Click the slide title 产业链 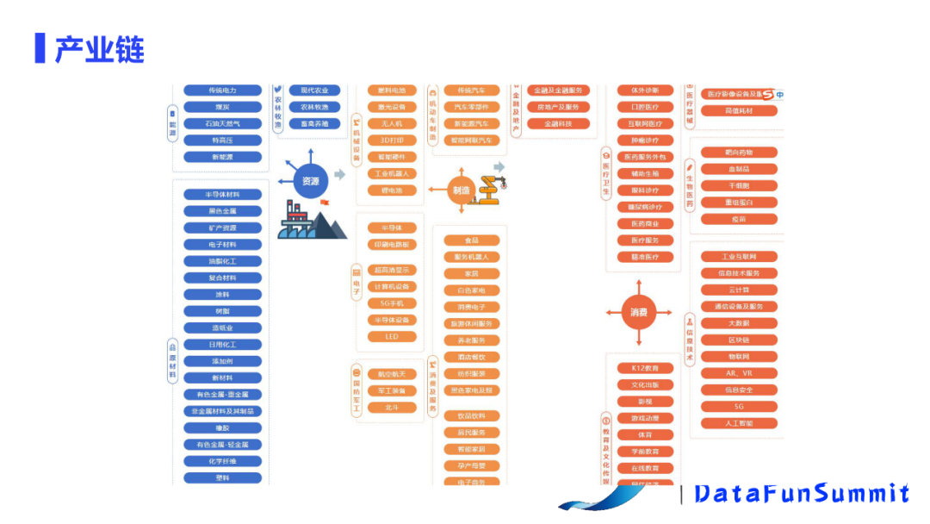(x=99, y=49)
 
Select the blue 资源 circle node (x=311, y=182)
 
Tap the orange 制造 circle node (x=461, y=190)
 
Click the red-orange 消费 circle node (x=638, y=312)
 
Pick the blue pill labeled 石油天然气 (x=222, y=123)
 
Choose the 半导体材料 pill (x=222, y=195)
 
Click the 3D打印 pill (x=392, y=140)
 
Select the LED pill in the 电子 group (x=392, y=336)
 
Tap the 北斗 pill (x=392, y=407)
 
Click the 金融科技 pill (x=557, y=124)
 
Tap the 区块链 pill (x=739, y=340)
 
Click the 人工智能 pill (x=739, y=423)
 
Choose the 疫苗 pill (x=739, y=219)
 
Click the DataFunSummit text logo (x=801, y=493)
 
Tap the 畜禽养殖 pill (x=313, y=123)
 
